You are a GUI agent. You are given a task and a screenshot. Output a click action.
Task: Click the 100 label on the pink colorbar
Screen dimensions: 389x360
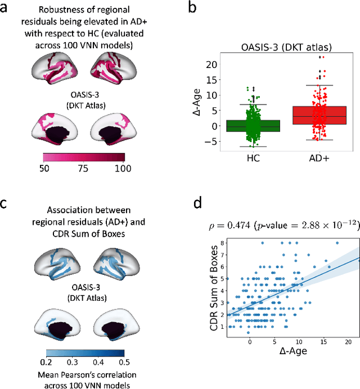[123, 168]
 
